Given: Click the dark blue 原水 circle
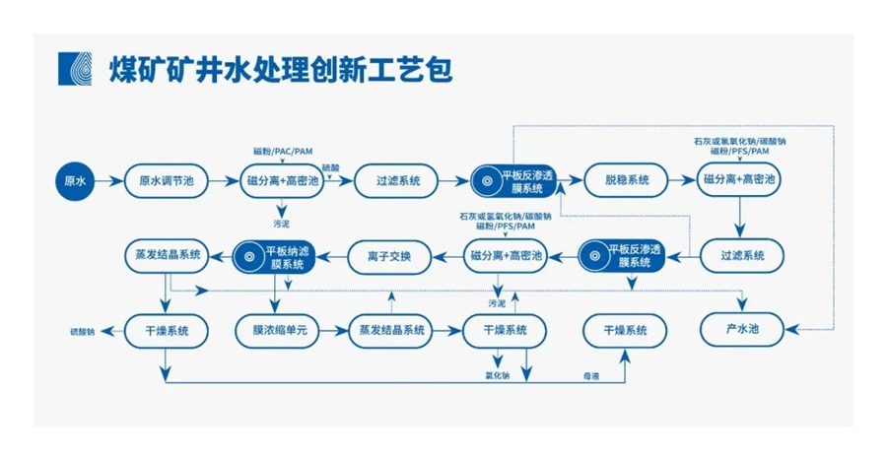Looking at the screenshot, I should [x=76, y=181].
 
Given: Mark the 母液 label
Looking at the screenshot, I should [x=591, y=376].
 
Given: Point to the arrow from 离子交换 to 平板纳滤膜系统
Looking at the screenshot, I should [x=332, y=257].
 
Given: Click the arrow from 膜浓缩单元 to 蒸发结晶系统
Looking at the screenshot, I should [x=332, y=330].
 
